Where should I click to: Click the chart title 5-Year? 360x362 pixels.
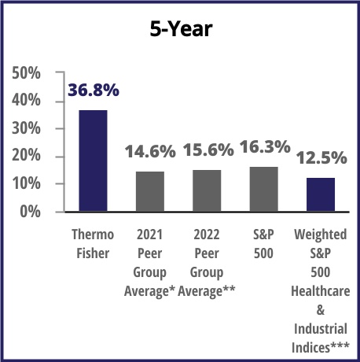point(180,30)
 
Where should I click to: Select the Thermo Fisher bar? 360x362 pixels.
point(93,161)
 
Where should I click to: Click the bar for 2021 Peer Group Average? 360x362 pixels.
point(150,191)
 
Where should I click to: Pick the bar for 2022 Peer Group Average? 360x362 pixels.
point(207,190)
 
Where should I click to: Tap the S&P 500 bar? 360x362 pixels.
point(263,189)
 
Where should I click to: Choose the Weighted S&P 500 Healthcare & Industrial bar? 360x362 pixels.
point(320,194)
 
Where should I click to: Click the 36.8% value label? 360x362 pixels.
point(93,90)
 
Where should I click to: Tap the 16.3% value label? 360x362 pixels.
point(264,146)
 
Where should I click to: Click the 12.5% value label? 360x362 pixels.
point(321,158)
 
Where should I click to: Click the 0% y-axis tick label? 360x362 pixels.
point(31,212)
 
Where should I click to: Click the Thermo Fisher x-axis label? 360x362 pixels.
point(93,244)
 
